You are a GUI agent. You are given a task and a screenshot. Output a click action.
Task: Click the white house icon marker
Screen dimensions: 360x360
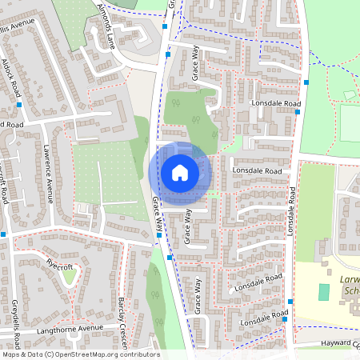point(180,172)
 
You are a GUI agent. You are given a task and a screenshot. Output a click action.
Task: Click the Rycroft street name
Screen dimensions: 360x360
point(60,262)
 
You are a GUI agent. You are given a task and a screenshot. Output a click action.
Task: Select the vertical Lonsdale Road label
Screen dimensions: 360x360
point(292,212)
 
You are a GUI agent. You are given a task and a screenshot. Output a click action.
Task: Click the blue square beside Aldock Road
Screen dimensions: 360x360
point(18,104)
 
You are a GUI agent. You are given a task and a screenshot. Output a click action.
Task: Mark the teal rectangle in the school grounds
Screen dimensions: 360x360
point(323,291)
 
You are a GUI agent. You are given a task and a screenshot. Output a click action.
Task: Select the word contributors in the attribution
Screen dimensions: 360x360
point(138,354)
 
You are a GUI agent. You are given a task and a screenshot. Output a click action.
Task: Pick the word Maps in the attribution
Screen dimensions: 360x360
point(11,354)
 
